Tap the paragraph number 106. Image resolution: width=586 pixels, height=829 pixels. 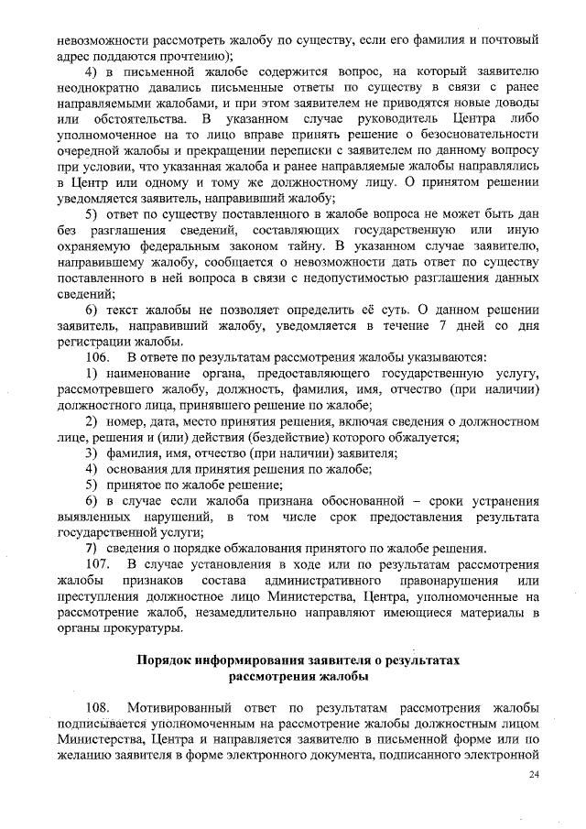pos(96,355)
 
